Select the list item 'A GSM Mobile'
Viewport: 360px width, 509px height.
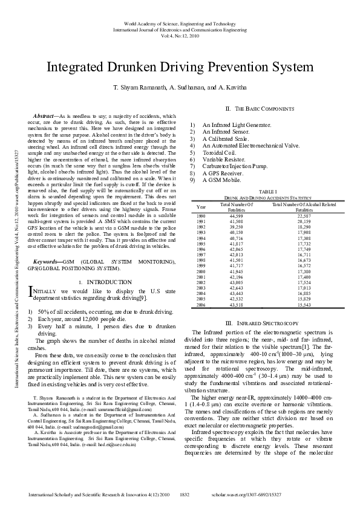[x=221, y=180]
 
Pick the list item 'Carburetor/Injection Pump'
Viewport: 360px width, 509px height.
[x=235, y=166]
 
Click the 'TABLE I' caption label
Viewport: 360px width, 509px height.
[x=267, y=192]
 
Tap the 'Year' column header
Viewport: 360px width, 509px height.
[x=201, y=207]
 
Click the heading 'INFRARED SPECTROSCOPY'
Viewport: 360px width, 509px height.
[x=267, y=323]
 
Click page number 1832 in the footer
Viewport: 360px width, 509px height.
[x=186, y=494]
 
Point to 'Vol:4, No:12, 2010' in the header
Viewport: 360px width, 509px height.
[x=180, y=35]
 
